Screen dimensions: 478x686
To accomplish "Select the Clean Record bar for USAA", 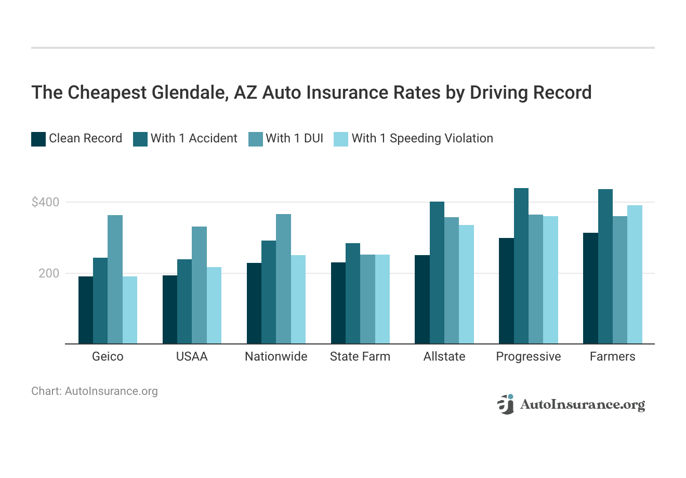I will coord(170,310).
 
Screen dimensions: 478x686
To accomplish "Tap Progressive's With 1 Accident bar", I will coord(521,266).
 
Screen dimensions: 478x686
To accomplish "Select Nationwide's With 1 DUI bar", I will coord(283,279).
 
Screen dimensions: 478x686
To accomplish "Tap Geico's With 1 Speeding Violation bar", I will coord(130,310).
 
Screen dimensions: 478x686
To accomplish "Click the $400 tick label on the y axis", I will coord(46,202).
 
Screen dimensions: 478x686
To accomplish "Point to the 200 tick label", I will coord(49,273).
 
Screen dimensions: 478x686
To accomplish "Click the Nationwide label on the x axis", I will coord(276,356).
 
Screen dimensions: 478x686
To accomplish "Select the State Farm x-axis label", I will coord(360,356).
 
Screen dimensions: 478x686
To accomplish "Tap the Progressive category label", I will coord(529,356).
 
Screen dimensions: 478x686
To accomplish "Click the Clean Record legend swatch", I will coord(38,139).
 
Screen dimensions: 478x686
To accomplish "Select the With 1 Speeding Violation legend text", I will coord(422,138).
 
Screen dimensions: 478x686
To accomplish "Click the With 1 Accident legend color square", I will coord(140,139).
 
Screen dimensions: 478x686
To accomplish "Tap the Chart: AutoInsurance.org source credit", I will coord(95,391).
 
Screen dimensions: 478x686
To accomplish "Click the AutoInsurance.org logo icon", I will coord(505,404).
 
